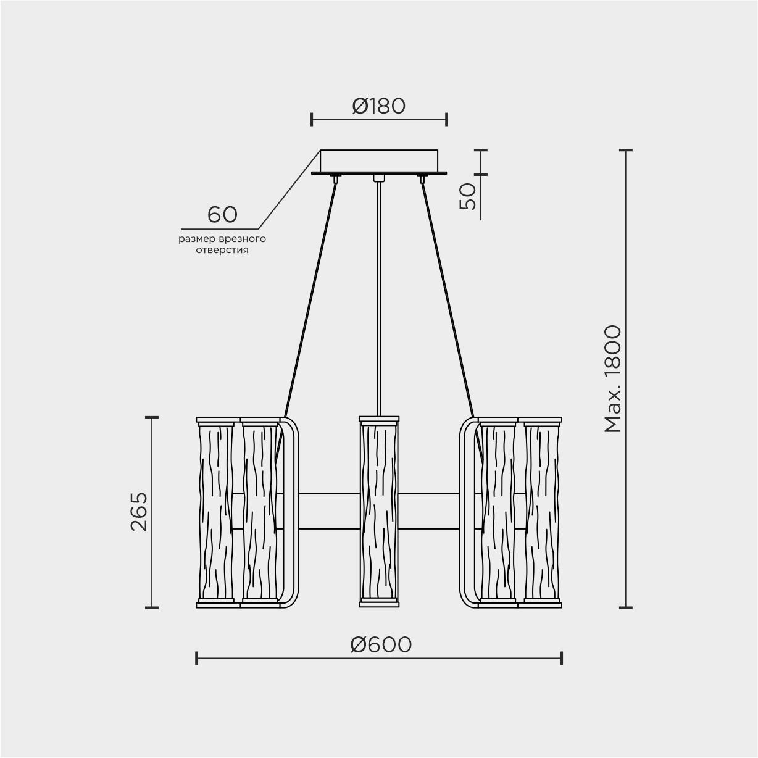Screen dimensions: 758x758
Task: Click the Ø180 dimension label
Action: (x=378, y=106)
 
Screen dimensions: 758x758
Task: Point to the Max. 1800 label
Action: (x=612, y=379)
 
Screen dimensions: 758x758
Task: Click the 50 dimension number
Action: (x=468, y=196)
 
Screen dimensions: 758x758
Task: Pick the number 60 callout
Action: (x=222, y=214)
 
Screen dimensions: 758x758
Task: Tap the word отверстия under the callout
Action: (x=222, y=250)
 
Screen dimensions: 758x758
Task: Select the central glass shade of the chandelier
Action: (x=379, y=512)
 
